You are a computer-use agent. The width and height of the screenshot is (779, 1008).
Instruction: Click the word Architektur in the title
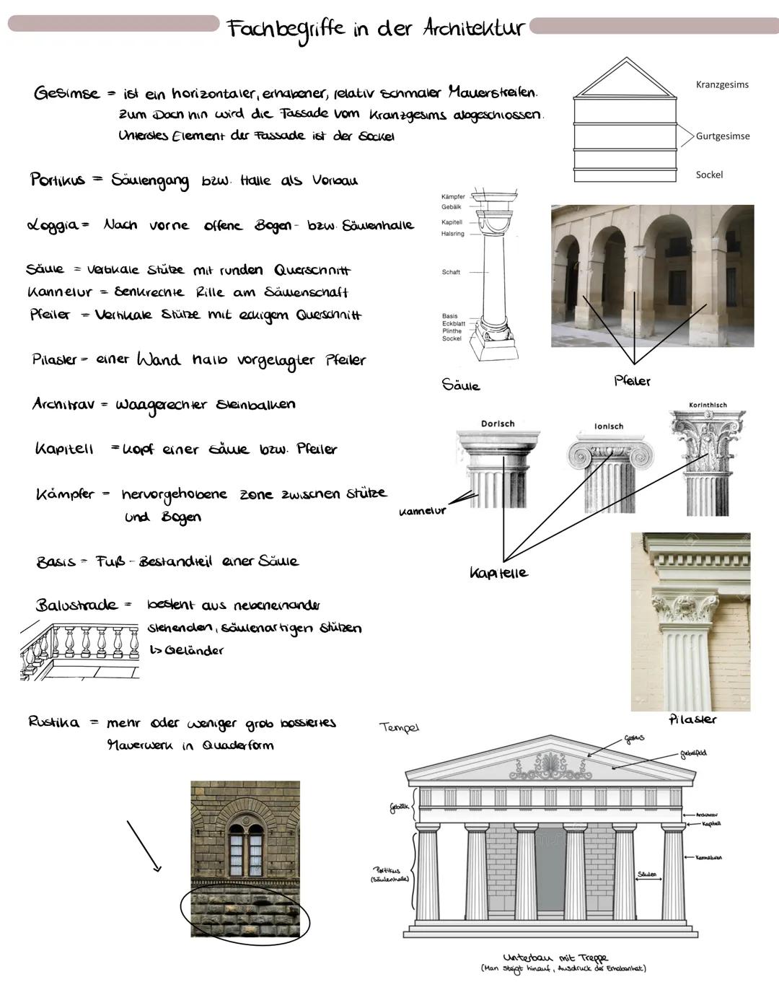[472, 29]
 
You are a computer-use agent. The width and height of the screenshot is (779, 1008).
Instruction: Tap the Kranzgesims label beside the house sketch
[722, 84]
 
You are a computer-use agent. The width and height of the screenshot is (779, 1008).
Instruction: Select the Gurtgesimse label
[722, 136]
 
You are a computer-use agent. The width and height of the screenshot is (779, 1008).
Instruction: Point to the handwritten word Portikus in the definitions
[57, 180]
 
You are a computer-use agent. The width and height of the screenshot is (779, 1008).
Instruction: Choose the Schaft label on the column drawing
[451, 272]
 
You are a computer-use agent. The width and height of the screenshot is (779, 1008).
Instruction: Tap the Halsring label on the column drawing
[453, 234]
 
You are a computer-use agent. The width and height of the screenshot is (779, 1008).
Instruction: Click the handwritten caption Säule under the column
[461, 385]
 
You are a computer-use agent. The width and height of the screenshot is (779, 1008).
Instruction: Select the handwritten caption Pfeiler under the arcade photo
[632, 381]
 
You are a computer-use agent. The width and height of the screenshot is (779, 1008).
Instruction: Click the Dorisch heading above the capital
[498, 424]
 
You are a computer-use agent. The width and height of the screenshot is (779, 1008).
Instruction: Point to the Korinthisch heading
[708, 406]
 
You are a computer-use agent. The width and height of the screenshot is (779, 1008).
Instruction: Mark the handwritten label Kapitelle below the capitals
[498, 573]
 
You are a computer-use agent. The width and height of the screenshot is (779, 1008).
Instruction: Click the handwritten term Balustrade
[76, 605]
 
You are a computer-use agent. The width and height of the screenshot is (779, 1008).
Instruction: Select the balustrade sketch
[79, 648]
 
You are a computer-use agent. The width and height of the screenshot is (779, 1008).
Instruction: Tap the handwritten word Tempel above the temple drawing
[399, 727]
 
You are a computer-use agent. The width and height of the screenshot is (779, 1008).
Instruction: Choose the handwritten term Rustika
[53, 722]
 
